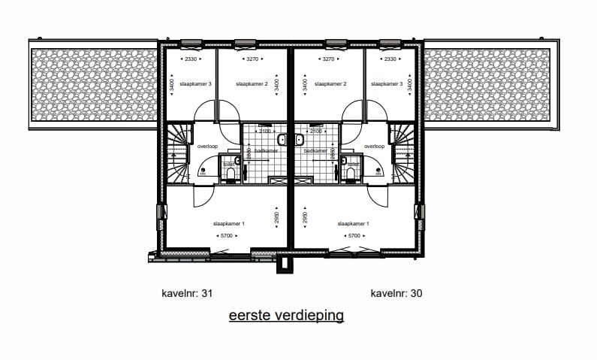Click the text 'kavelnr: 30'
[x=396, y=293]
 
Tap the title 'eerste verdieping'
[x=286, y=315]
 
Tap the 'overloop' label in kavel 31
[x=207, y=147]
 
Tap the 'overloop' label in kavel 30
[x=374, y=147]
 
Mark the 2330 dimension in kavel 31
[x=191, y=59]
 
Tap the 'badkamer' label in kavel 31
[x=266, y=151]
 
